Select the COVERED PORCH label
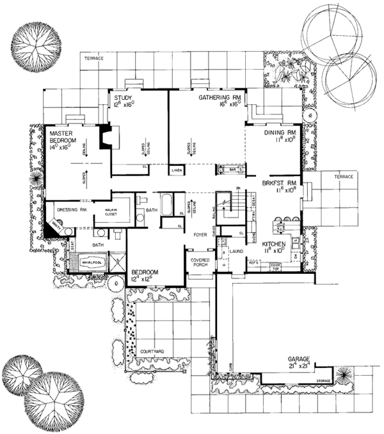197,265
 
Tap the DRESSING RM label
72,209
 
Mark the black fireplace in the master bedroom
104,138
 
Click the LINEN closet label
177,171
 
